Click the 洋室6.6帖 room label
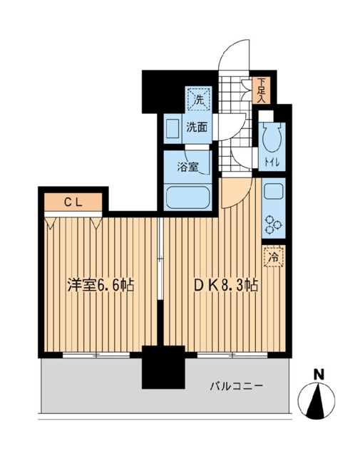click(x=101, y=284)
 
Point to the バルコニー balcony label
click(x=236, y=386)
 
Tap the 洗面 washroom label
click(x=197, y=128)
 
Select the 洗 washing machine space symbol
click(x=197, y=100)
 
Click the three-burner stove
click(x=273, y=223)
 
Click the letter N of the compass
click(x=319, y=373)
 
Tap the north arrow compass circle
click(x=319, y=399)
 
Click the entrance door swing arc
click(x=235, y=58)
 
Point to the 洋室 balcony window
click(x=91, y=354)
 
